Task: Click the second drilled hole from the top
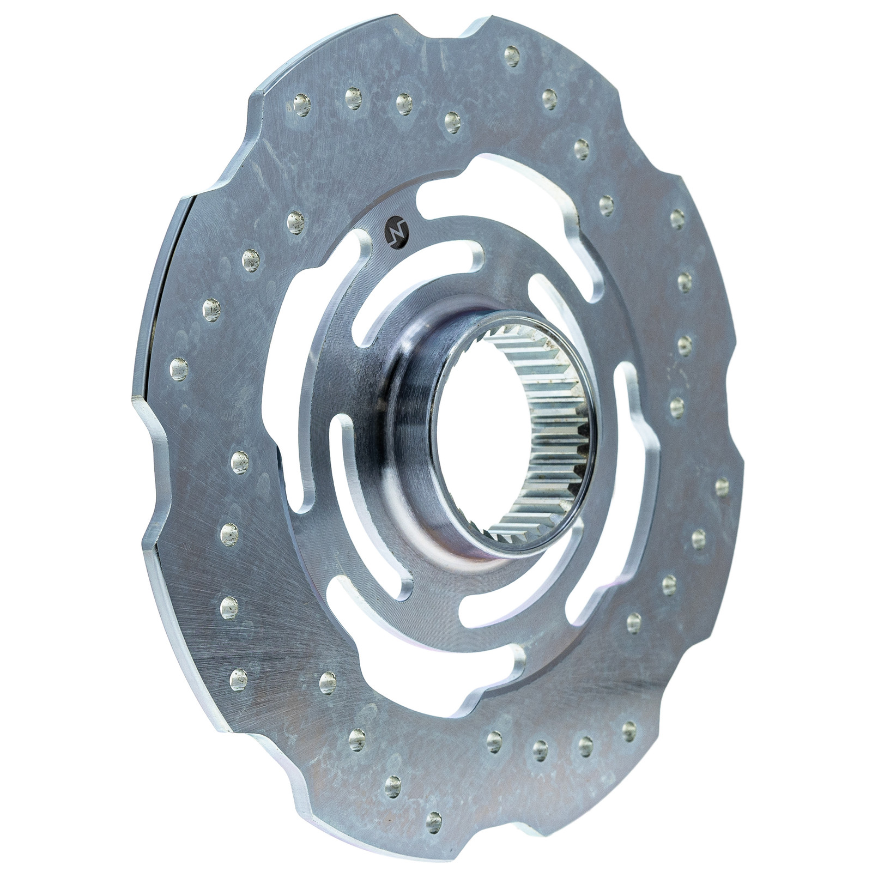549,99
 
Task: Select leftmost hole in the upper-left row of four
302,102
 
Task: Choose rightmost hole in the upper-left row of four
452,122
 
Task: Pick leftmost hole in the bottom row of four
494,740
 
